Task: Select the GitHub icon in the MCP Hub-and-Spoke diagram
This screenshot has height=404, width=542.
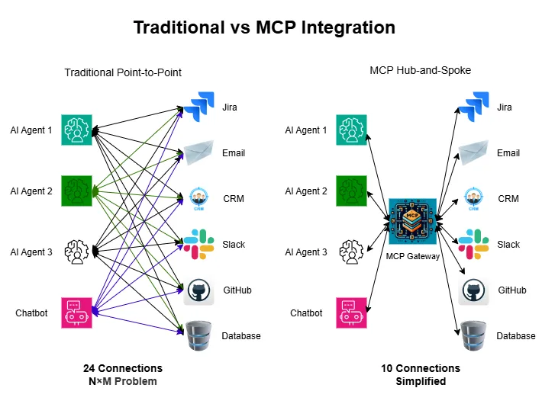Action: (473, 290)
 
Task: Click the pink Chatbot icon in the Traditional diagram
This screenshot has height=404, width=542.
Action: (76, 313)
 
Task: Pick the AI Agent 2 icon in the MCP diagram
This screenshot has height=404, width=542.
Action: (352, 191)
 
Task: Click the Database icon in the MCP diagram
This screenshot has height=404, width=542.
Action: (473, 336)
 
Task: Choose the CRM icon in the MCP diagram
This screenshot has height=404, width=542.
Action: (473, 199)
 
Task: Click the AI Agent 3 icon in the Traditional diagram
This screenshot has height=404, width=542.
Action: (76, 252)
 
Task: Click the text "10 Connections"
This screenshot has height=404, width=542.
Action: (421, 368)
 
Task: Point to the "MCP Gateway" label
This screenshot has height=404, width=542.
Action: (413, 256)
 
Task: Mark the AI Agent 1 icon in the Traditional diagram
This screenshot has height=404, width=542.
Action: (76, 130)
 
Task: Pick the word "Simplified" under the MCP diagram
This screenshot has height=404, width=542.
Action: (421, 381)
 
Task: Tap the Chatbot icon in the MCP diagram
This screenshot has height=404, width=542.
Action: (352, 313)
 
